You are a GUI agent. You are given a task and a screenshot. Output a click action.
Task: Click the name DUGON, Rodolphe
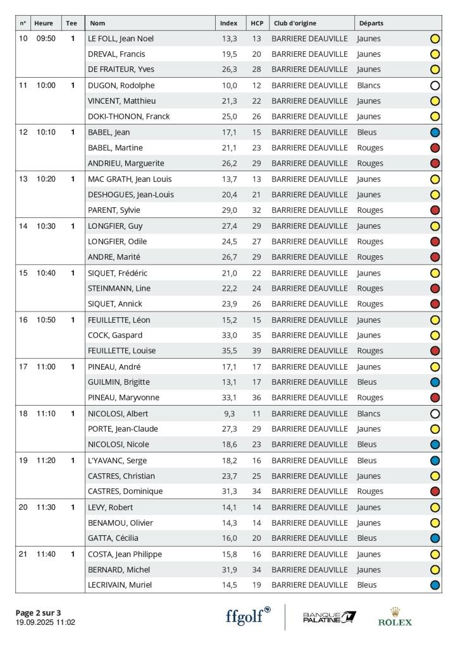click(x=121, y=85)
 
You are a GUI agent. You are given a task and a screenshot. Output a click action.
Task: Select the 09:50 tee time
click(x=45, y=39)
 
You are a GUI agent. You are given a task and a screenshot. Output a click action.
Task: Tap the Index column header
click(x=228, y=23)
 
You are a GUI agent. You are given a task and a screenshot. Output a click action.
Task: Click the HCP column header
click(x=257, y=23)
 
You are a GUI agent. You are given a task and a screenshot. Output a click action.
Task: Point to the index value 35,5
click(x=228, y=351)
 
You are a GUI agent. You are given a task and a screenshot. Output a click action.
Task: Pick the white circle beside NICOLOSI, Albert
click(x=435, y=414)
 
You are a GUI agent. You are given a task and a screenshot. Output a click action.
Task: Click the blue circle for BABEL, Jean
click(x=435, y=133)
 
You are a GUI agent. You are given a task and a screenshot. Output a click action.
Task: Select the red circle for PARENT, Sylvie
click(x=435, y=210)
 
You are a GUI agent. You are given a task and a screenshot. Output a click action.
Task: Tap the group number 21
click(x=23, y=554)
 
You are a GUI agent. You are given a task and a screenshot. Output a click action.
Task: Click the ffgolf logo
click(x=247, y=616)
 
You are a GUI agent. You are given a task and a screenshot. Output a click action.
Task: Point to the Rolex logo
click(x=395, y=617)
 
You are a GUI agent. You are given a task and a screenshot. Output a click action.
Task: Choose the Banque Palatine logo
click(x=330, y=617)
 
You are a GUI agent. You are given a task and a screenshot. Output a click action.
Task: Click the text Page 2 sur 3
click(x=38, y=612)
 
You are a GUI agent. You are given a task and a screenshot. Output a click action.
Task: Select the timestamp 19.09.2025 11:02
click(x=46, y=622)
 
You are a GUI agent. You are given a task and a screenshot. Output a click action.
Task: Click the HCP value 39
click(x=256, y=351)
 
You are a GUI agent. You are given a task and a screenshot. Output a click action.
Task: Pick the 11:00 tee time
click(x=45, y=366)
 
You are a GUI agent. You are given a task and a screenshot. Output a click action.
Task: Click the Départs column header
click(x=371, y=23)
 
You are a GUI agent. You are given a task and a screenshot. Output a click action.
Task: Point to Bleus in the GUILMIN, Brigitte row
click(x=366, y=382)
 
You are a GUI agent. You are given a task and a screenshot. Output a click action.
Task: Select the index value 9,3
click(x=230, y=414)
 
